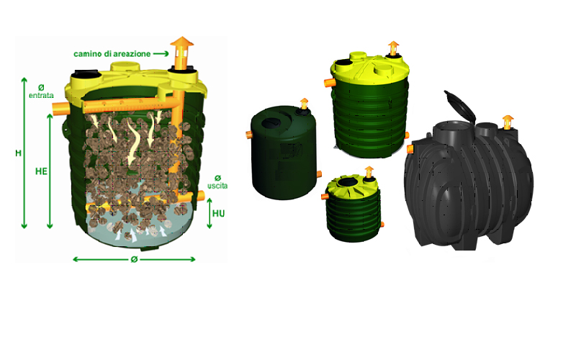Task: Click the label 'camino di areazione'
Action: pyautogui.click(x=112, y=54)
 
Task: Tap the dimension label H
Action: pyautogui.click(x=18, y=153)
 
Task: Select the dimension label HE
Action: pyautogui.click(x=41, y=171)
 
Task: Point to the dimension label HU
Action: pyautogui.click(x=219, y=213)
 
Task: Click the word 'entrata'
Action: pyautogui.click(x=41, y=96)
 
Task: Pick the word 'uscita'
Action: pyautogui.click(x=217, y=186)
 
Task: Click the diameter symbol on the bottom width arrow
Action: pyautogui.click(x=134, y=259)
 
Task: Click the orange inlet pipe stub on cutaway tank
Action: pyautogui.click(x=60, y=109)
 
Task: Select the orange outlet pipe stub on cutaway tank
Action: pyautogui.click(x=201, y=196)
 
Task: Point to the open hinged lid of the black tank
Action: pyautogui.click(x=460, y=106)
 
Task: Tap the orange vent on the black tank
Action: pyautogui.click(x=508, y=122)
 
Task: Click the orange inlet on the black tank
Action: pyautogui.click(x=410, y=148)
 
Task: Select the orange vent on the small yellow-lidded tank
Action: pyautogui.click(x=369, y=172)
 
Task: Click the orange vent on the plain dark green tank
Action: pyautogui.click(x=304, y=103)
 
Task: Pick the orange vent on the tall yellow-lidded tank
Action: pyautogui.click(x=393, y=48)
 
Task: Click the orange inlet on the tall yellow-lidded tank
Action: pyautogui.click(x=328, y=83)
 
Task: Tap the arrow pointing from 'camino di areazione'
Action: pyautogui.click(x=161, y=54)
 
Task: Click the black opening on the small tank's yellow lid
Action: pyautogui.click(x=347, y=182)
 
